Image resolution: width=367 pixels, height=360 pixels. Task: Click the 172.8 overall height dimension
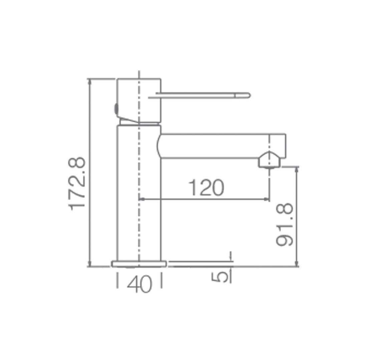pyautogui.click(x=77, y=184)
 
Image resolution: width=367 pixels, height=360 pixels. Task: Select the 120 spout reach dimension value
pyautogui.click(x=206, y=188)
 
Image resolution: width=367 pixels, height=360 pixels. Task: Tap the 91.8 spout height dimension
pyautogui.click(x=285, y=225)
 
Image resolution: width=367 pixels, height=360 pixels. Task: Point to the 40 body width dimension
pyautogui.click(x=139, y=284)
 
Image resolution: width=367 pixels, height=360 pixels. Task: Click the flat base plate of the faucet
pyautogui.click(x=139, y=264)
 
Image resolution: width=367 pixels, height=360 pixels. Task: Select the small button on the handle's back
pyautogui.click(x=115, y=109)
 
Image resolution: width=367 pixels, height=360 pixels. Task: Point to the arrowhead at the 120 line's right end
pyautogui.click(x=266, y=199)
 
